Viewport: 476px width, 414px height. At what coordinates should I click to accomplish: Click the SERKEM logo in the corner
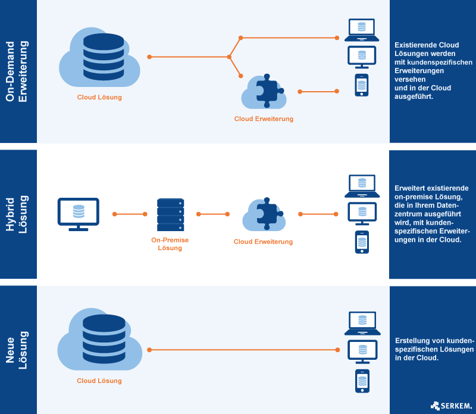[x=452, y=406]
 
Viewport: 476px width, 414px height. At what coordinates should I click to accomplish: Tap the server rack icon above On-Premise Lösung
[x=170, y=215]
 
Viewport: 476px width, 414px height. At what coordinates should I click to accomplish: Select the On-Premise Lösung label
[x=170, y=244]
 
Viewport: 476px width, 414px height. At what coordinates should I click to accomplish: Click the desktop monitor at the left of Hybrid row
[x=78, y=214]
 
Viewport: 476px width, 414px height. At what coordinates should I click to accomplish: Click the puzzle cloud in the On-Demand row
[x=262, y=91]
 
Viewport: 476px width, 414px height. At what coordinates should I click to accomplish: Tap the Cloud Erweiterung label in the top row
[x=264, y=119]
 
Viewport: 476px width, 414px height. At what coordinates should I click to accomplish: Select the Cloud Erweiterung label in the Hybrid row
[x=263, y=242]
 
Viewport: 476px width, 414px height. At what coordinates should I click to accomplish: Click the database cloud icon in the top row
[x=99, y=57]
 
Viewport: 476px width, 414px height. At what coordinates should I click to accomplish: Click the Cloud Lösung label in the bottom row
[x=99, y=381]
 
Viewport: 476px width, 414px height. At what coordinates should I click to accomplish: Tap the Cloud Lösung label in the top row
[x=99, y=97]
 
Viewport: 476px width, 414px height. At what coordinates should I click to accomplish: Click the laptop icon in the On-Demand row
[x=361, y=30]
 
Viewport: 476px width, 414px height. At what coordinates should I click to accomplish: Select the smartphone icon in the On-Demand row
[x=361, y=85]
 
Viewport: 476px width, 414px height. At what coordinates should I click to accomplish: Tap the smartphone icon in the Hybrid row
[x=361, y=242]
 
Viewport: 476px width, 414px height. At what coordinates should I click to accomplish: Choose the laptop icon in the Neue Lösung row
[x=361, y=322]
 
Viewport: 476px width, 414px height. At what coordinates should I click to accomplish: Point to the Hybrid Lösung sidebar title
[x=18, y=214]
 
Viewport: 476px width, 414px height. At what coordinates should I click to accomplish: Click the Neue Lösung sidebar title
[x=18, y=349]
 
